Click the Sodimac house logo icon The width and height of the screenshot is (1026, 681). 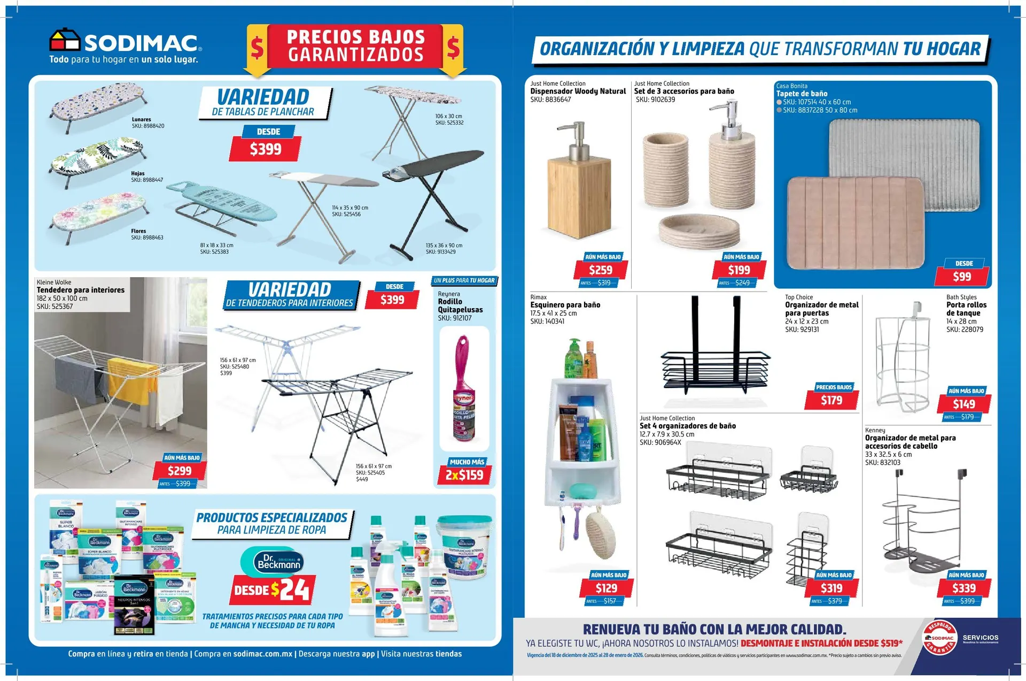pos(64,41)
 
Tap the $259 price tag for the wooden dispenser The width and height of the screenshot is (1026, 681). pos(601,270)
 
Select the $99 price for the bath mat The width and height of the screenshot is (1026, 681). pos(962,277)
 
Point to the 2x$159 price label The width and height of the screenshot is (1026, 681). pos(464,475)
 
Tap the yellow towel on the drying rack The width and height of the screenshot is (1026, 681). pos(125,379)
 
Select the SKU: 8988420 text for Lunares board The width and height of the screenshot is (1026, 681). pos(148,126)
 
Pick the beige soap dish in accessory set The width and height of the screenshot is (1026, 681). pos(699,229)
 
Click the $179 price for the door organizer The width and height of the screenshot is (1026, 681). pos(831,400)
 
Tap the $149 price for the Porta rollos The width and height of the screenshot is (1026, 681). pos(964,404)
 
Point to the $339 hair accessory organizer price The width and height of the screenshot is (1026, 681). pos(964,588)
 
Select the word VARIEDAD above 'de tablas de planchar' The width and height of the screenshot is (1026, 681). pos(263,97)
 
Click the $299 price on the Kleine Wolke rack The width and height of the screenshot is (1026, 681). pos(180,471)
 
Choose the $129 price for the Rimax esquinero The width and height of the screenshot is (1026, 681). pos(607,588)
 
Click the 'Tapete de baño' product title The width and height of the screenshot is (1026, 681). pos(802,94)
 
